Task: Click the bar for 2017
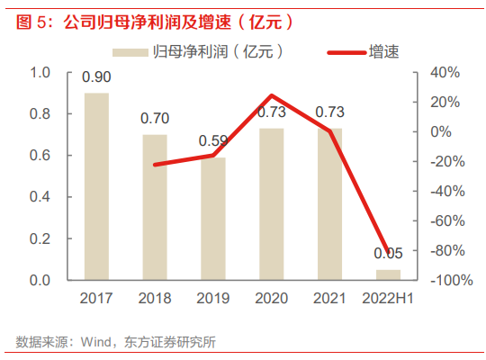[96, 186]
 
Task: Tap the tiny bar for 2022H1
[388, 274]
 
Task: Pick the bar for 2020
[271, 204]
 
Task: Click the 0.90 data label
[96, 77]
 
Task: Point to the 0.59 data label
[212, 140]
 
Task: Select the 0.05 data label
[388, 255]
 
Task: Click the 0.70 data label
[155, 119]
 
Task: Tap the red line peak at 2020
[271, 95]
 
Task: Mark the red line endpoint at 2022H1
[388, 255]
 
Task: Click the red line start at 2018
[155, 165]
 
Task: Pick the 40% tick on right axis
[446, 72]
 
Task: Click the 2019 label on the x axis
[212, 299]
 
